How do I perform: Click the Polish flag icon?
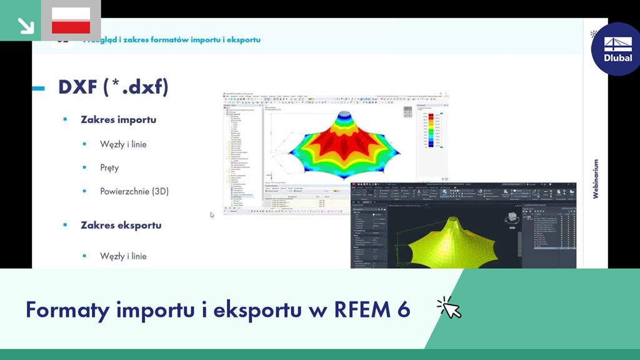coord(71,20)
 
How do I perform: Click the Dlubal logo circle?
coord(617,49)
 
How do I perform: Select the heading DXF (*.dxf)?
coord(113,87)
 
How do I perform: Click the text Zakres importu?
coord(118,119)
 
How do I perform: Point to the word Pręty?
coord(109,167)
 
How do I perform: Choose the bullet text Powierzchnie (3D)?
coord(134,191)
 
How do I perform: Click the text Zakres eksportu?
coord(121,224)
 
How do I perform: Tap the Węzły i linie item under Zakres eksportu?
coord(123,256)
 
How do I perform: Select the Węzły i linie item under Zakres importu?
coord(123,144)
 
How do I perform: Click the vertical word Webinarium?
coord(596,178)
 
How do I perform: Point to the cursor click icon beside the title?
coord(449,308)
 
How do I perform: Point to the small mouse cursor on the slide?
coord(212,215)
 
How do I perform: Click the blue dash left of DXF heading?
coord(38,88)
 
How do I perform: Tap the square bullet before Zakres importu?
coord(65,119)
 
